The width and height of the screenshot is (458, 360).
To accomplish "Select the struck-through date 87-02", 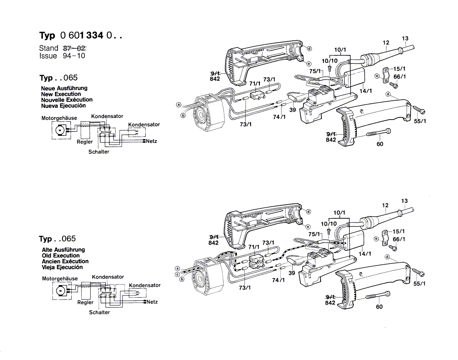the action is click(75, 48).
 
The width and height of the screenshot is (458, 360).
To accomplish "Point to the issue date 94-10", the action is click(74, 56).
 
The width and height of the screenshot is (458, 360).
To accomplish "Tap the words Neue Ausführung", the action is click(64, 88).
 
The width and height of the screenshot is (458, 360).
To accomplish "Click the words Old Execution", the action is click(60, 255).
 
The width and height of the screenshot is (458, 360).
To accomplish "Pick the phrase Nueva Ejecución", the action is click(63, 106).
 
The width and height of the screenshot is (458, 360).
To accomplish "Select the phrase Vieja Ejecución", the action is click(62, 267).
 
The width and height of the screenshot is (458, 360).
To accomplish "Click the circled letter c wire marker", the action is click(177, 274).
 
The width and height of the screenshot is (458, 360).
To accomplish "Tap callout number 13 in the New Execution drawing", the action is click(405, 39).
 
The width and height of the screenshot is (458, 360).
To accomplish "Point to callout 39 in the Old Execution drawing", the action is click(291, 273).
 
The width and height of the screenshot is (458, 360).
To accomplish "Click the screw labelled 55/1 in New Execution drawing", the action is click(418, 110).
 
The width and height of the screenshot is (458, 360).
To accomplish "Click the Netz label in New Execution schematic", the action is click(151, 141).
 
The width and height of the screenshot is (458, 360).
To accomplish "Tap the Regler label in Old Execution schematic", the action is click(85, 302).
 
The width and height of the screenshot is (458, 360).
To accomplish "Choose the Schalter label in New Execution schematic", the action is click(99, 152).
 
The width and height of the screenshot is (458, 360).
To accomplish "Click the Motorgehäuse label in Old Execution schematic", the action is click(60, 278).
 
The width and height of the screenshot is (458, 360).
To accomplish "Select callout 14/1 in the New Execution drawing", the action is click(366, 91).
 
